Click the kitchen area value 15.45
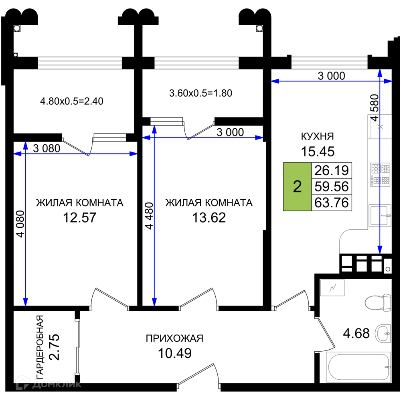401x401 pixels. [318, 152]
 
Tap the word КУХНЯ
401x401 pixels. [317, 136]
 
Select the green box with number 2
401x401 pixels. [297, 186]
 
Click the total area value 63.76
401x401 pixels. [332, 203]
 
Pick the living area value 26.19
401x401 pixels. [332, 170]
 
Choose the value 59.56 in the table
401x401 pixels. [332, 186]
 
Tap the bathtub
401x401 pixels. [358, 367]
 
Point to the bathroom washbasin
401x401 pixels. [383, 334]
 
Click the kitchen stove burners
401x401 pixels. [380, 174]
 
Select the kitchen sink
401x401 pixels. [380, 215]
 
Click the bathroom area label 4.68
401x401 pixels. [356, 334]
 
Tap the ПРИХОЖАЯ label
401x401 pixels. [174, 338]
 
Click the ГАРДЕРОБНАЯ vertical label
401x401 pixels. [40, 347]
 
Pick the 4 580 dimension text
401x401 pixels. [375, 107]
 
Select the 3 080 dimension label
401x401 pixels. [47, 148]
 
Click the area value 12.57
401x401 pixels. [79, 218]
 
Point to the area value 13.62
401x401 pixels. [209, 218]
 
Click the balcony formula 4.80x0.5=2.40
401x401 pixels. [72, 101]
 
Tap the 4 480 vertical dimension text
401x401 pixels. [149, 216]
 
